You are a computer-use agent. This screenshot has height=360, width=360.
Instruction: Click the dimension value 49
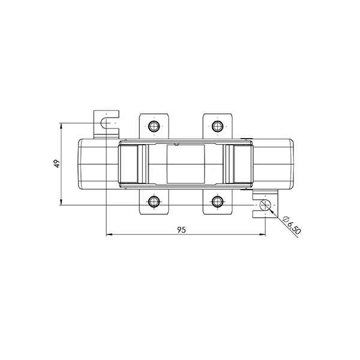pyautogui.click(x=57, y=164)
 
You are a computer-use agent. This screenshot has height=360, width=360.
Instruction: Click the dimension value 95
pyautogui.click(x=181, y=230)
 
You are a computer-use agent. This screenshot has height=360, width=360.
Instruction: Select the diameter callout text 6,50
pyautogui.click(x=294, y=228)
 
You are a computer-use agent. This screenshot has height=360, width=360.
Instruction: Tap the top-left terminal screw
pyautogui.click(x=154, y=126)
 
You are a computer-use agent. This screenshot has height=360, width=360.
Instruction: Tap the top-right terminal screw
pyautogui.click(x=217, y=126)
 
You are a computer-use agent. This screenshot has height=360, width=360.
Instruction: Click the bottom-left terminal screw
pyautogui.click(x=154, y=202)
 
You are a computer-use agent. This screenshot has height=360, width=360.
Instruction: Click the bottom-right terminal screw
pyautogui.click(x=217, y=202)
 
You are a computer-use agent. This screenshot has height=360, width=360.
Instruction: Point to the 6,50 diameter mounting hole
pyautogui.click(x=265, y=205)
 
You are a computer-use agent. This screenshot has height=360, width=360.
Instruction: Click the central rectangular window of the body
pyautogui.click(x=186, y=164)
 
